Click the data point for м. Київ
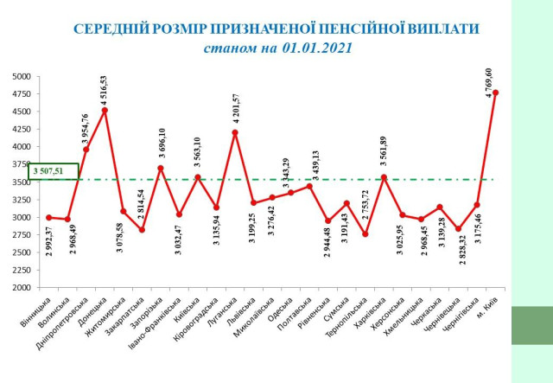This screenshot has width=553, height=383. [496, 93]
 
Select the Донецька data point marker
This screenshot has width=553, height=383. [105, 111]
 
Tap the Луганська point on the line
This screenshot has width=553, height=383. [235, 132]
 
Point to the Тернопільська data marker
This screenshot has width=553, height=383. [365, 234]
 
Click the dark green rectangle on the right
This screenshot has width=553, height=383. [524, 325]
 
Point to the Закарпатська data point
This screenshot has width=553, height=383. [142, 230]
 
